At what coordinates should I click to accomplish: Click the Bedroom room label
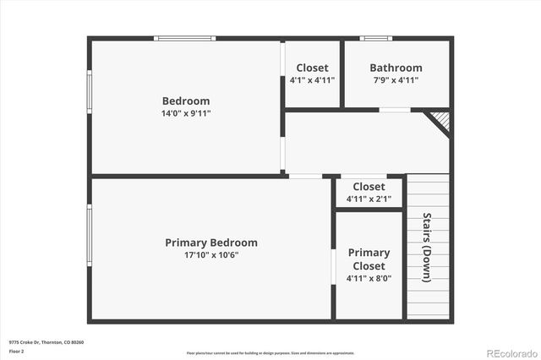(186, 101)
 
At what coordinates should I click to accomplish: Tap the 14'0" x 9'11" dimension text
(186, 113)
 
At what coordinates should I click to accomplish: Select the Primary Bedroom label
(211, 243)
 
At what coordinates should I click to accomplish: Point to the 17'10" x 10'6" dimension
(211, 255)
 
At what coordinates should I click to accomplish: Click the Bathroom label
(396, 68)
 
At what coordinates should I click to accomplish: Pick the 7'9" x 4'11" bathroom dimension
(396, 80)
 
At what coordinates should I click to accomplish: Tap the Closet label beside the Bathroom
(312, 68)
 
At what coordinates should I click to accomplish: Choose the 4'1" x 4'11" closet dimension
(312, 80)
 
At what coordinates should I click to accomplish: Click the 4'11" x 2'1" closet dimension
(369, 199)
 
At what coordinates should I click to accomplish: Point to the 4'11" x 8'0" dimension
(369, 278)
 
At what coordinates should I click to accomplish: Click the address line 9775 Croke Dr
(46, 342)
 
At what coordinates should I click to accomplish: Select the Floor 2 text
(17, 351)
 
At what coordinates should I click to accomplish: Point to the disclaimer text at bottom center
(270, 352)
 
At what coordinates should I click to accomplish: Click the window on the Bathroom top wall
(375, 37)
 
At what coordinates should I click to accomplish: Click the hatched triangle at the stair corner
(440, 121)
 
